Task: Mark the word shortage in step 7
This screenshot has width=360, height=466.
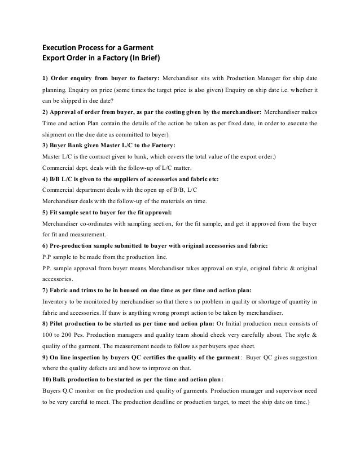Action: [x=270, y=301]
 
